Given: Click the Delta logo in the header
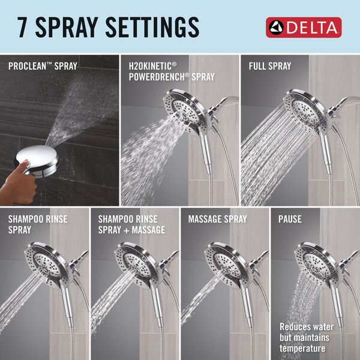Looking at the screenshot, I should tap(304, 27).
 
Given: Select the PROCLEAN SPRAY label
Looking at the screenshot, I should tap(42, 66).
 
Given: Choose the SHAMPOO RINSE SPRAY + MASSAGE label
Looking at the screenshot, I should tap(131, 224).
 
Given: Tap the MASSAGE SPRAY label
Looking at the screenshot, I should tap(217, 220).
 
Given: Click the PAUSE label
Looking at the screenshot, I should tap(291, 220).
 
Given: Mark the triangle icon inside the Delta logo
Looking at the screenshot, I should tap(277, 28).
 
